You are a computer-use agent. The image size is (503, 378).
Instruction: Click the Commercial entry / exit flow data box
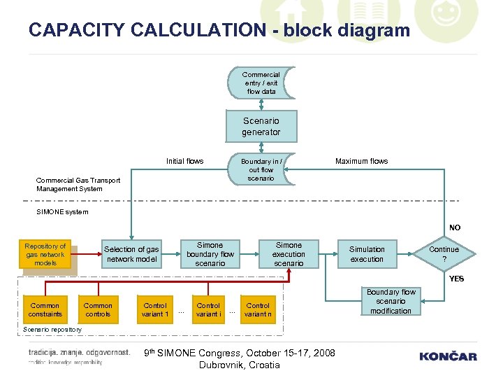pyautogui.click(x=261, y=83)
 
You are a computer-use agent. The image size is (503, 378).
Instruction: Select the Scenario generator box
pyautogui.click(x=261, y=127)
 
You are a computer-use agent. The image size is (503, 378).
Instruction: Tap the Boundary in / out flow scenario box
pyautogui.click(x=261, y=169)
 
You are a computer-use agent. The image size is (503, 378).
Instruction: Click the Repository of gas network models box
pyautogui.click(x=45, y=254)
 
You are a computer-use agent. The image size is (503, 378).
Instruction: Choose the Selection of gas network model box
pyautogui.click(x=131, y=254)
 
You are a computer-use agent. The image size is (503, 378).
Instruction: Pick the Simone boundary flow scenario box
pyautogui.click(x=210, y=254)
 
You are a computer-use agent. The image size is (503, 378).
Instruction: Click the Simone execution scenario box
pyautogui.click(x=289, y=254)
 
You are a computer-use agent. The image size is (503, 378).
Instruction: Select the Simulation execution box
pyautogui.click(x=367, y=254)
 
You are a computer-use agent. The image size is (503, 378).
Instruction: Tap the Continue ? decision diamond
pyautogui.click(x=444, y=254)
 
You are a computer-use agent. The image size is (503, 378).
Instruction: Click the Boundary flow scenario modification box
pyautogui.click(x=391, y=302)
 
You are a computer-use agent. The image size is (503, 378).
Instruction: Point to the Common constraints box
pyautogui.click(x=45, y=310)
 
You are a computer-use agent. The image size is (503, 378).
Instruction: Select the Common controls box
pyautogui.click(x=98, y=310)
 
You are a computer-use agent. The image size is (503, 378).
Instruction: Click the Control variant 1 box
pyautogui.click(x=155, y=310)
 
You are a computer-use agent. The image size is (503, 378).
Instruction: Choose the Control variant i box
pyautogui.click(x=208, y=310)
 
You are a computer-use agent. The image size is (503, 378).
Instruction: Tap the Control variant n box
pyautogui.click(x=258, y=310)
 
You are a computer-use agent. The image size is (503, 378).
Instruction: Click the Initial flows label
pyautogui.click(x=184, y=162)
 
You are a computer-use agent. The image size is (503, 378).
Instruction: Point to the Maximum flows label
pyautogui.click(x=361, y=162)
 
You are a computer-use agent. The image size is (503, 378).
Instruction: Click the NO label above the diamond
pyautogui.click(x=455, y=227)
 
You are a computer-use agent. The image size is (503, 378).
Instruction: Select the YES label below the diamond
pyautogui.click(x=456, y=279)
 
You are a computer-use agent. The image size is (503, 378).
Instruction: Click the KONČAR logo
pyautogui.click(x=448, y=356)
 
